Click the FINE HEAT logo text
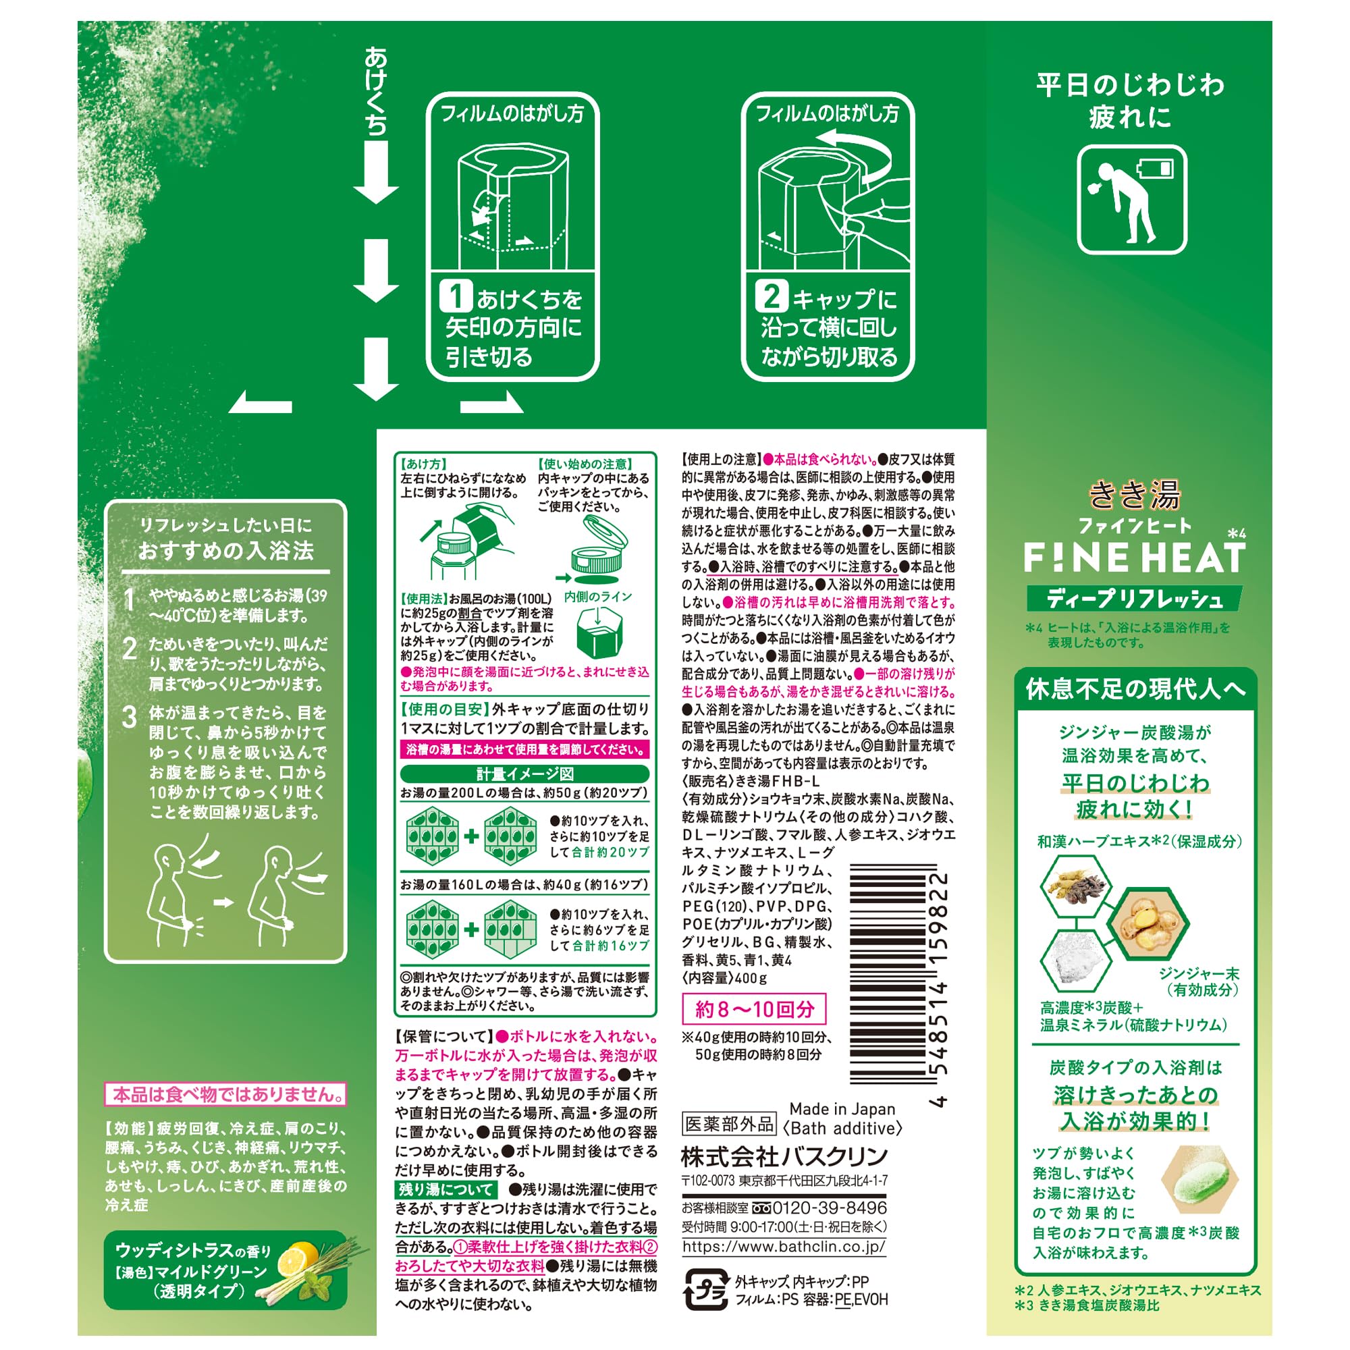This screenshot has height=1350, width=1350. [x=1135, y=558]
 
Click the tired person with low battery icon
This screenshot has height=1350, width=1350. [x=1132, y=200]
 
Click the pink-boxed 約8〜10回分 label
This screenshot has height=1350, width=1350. [x=754, y=1009]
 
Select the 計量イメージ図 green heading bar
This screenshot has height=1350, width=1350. [x=524, y=774]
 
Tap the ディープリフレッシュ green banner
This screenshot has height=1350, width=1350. [x=1135, y=599]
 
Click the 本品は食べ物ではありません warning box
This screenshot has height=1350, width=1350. [x=225, y=1094]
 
